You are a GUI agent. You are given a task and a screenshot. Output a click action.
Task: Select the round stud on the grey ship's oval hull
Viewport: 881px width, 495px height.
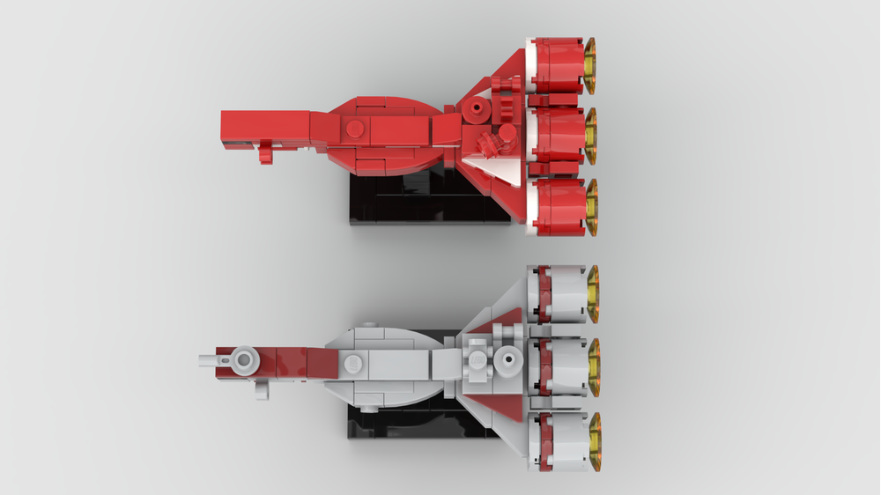tap(353, 362)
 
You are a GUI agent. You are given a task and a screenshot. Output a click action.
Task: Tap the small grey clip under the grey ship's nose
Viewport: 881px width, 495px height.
tap(262, 388)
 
